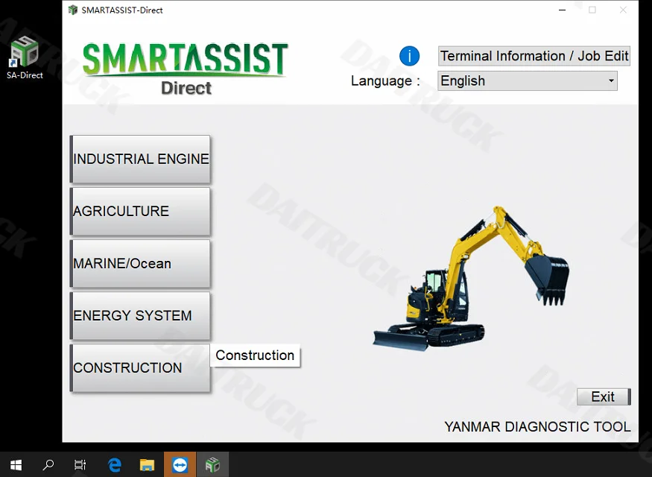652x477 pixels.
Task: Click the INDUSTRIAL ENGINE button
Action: click(x=140, y=159)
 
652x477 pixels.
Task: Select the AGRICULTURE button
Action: click(x=140, y=211)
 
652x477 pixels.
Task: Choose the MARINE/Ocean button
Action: click(x=140, y=263)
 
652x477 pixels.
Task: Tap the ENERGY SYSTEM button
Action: click(x=140, y=315)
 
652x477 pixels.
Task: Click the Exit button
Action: click(x=603, y=397)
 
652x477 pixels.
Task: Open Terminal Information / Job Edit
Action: click(x=534, y=56)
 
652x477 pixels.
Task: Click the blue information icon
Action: click(x=409, y=56)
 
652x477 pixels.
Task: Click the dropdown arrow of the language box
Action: click(x=611, y=80)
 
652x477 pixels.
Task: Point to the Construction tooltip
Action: click(x=255, y=356)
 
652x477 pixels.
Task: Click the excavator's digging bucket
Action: click(x=548, y=276)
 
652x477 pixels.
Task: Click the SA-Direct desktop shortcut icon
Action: click(x=25, y=52)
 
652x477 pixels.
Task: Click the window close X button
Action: click(x=623, y=10)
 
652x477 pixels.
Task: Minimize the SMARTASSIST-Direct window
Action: click(x=561, y=10)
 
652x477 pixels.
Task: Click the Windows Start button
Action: click(x=16, y=464)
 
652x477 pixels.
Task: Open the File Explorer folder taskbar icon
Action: click(x=147, y=464)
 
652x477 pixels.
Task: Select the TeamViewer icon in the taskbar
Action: click(x=180, y=464)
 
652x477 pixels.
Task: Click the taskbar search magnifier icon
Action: click(x=48, y=464)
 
